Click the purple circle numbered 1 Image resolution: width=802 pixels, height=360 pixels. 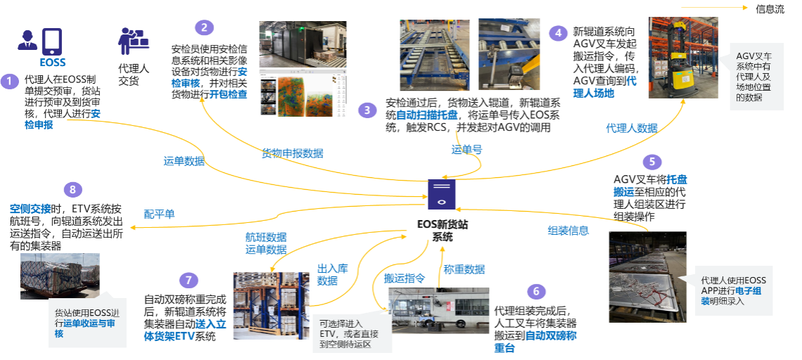click(x=9, y=82)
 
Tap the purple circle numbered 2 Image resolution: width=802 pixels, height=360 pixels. click(x=203, y=28)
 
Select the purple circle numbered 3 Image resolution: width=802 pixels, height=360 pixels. click(x=367, y=110)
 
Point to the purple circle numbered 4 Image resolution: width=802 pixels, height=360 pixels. click(x=558, y=33)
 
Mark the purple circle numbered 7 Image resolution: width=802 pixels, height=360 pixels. click(x=188, y=281)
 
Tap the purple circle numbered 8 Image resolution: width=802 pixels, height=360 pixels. click(x=72, y=190)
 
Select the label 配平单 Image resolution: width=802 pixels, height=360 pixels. click(x=159, y=214)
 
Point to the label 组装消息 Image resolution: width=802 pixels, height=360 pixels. click(x=568, y=230)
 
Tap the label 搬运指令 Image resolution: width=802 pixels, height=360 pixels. click(x=404, y=278)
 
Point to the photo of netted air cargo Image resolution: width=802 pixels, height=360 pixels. click(x=60, y=276)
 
